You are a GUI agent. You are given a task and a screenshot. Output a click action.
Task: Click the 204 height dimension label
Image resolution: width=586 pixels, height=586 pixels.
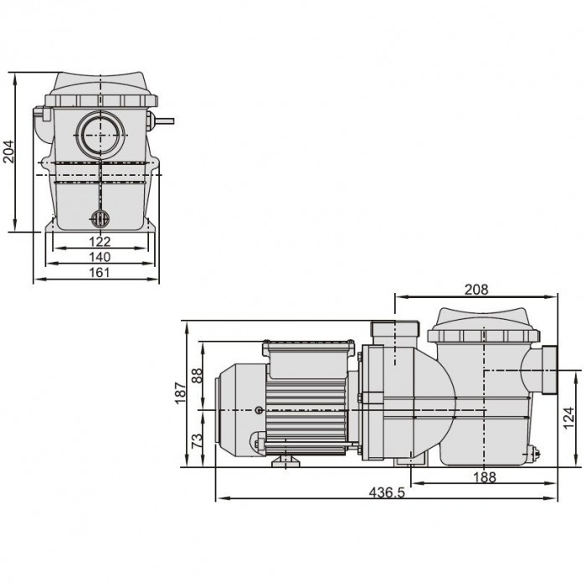8,151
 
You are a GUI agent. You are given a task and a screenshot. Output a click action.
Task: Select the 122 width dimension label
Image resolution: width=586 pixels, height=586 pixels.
100,242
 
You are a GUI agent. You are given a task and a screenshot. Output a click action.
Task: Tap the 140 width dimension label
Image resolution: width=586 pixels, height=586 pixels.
100,257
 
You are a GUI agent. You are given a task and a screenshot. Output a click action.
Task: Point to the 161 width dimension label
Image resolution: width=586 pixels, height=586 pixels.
100,272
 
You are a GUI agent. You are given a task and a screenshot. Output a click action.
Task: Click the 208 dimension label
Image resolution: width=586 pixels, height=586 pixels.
476,290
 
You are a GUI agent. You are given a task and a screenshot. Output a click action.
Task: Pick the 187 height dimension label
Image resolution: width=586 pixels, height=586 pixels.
180,393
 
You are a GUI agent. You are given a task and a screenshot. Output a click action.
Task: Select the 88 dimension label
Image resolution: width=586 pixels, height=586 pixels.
197,376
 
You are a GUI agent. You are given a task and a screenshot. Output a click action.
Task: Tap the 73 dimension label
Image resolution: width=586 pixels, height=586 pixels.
197,441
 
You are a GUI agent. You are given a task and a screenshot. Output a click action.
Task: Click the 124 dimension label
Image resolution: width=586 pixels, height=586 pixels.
568,419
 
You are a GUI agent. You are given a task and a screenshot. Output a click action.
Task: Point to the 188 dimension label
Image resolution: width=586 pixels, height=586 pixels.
485,477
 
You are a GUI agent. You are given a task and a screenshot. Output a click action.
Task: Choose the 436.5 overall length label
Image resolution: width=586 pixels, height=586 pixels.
387,492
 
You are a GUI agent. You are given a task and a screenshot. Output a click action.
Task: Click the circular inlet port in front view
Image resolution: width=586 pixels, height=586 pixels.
101,135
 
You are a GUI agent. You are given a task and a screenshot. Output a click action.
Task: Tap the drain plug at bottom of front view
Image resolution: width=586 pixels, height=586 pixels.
100,218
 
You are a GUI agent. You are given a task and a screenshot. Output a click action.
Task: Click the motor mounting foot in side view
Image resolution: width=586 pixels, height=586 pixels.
285,461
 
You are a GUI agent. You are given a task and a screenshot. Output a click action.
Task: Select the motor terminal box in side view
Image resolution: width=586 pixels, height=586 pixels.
308,359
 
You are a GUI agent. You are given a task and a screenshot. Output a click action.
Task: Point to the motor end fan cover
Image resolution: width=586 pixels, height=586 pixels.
240,410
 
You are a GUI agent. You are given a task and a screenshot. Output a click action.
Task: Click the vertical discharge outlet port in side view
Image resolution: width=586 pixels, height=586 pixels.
394,332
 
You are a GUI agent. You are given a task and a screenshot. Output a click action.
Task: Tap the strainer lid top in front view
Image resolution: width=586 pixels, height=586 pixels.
101,90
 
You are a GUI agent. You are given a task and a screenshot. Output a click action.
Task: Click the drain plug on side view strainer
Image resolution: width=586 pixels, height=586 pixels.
533,454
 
